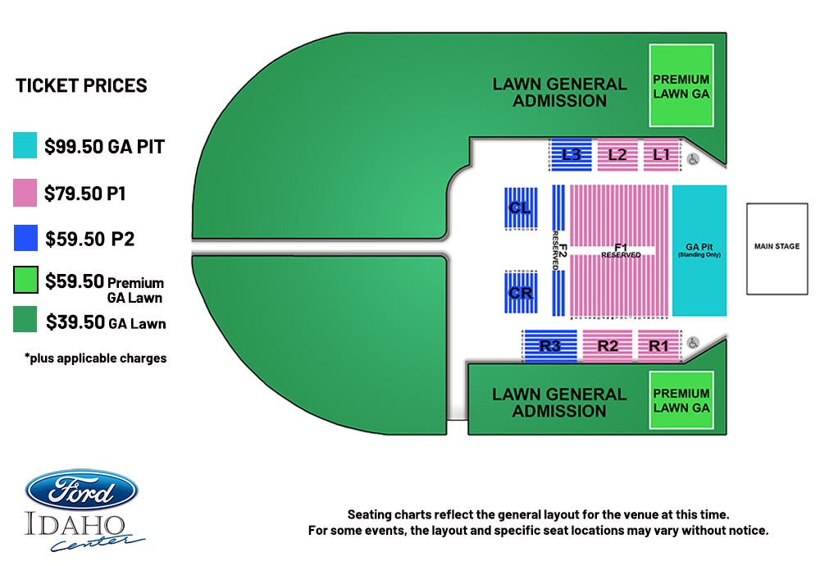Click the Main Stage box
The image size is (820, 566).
click(777, 249)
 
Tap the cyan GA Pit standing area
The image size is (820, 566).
click(699, 250)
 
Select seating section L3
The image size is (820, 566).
click(571, 155)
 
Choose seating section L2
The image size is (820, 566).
click(617, 155)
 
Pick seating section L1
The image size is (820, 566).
click(661, 155)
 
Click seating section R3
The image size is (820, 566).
click(550, 346)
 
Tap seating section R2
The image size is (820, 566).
click(607, 346)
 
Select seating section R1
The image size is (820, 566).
click(658, 346)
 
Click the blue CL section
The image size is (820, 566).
click(521, 208)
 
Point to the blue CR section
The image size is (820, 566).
click(521, 292)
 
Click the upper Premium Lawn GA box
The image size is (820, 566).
click(681, 86)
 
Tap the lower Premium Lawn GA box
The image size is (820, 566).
click(681, 400)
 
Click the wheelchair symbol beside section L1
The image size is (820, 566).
click(693, 159)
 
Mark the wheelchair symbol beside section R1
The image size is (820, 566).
click(693, 343)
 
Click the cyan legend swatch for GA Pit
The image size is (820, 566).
click(25, 145)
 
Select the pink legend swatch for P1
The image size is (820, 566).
click(25, 193)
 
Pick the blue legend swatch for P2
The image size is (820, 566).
click(25, 238)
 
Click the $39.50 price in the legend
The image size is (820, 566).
click(75, 322)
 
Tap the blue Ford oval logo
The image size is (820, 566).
click(81, 491)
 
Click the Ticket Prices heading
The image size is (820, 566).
click(81, 85)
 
